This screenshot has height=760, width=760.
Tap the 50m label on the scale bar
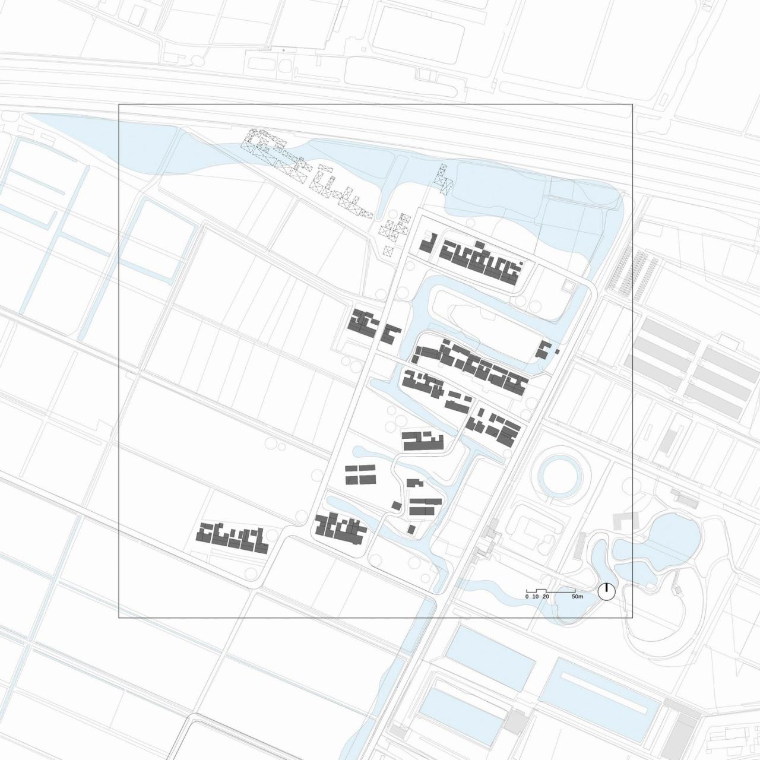(x=578, y=596)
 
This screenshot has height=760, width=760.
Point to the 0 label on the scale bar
(x=527, y=596)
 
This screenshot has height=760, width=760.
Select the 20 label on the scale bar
(x=546, y=596)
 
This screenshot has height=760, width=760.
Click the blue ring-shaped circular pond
(x=561, y=476)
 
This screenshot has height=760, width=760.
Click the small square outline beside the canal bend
(x=569, y=287)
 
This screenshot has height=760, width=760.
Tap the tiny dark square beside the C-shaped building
(x=558, y=351)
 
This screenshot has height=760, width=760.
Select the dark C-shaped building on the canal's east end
(x=543, y=350)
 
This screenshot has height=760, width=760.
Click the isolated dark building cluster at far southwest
(x=232, y=536)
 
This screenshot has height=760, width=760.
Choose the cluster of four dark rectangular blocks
(x=360, y=474)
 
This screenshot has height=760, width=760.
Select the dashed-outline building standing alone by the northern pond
(x=442, y=178)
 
